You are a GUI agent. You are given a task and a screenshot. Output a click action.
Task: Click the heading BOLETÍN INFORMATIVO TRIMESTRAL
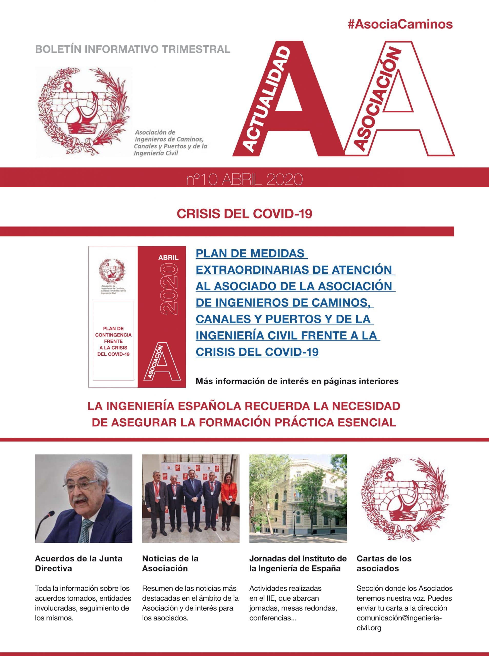(x=133, y=49)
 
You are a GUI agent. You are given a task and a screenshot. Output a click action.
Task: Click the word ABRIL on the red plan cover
(x=168, y=258)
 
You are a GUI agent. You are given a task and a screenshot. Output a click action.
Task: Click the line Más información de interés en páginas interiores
(x=297, y=382)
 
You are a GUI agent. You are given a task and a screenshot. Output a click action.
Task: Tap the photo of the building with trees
(x=298, y=498)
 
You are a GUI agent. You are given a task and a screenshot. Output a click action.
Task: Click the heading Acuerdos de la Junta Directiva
(x=78, y=563)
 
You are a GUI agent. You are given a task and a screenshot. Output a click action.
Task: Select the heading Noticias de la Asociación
(x=170, y=563)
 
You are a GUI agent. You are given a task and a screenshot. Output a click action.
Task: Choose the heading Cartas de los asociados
(x=384, y=563)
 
